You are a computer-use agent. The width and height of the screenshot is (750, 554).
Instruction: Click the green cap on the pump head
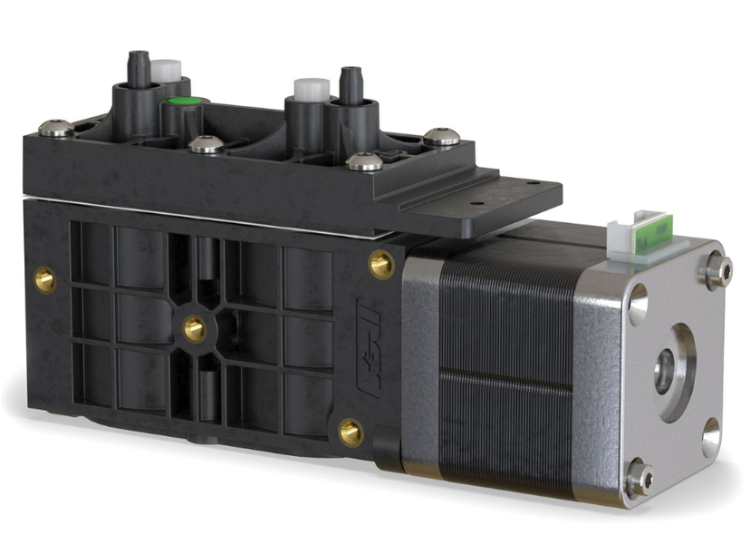[184, 101]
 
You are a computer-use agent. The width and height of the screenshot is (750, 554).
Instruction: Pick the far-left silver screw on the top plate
[56, 129]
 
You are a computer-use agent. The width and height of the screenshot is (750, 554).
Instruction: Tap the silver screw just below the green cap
[206, 144]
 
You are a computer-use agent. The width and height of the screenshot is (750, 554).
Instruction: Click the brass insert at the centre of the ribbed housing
[193, 328]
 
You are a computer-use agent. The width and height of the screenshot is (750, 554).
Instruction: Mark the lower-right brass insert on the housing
[351, 432]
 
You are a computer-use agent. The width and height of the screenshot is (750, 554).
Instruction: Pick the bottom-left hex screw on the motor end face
[638, 478]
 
